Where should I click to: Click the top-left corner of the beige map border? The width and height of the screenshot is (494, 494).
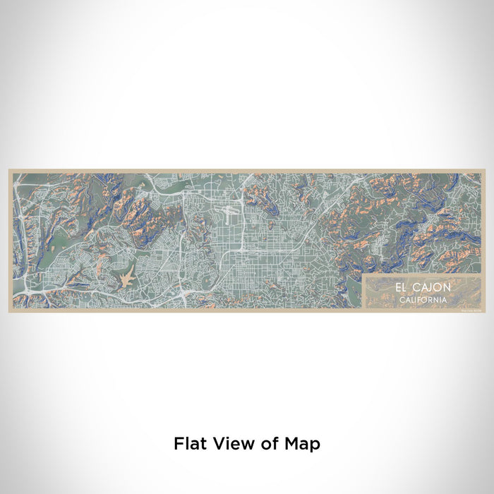9,170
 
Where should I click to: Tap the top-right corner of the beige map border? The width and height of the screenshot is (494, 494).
484,170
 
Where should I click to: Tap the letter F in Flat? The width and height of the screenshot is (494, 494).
177,444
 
